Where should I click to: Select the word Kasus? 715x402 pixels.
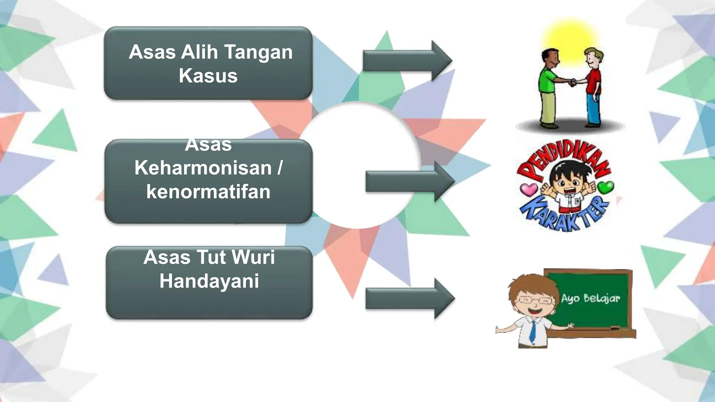[x=208, y=76]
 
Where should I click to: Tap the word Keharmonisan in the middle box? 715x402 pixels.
[x=203, y=168]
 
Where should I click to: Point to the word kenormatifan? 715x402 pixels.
[x=208, y=192]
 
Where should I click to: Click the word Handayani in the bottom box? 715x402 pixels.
[x=209, y=281]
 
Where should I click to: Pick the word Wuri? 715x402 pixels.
[x=253, y=258]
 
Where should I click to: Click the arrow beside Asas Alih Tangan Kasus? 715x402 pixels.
[x=407, y=61]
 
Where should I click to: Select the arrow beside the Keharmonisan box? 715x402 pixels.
[x=410, y=182]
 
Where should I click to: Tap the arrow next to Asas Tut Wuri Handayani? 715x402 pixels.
[x=410, y=299]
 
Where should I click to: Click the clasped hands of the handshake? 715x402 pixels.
[x=573, y=83]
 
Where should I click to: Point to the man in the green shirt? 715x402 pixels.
[x=548, y=87]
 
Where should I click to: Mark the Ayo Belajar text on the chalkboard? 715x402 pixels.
[x=590, y=298]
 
